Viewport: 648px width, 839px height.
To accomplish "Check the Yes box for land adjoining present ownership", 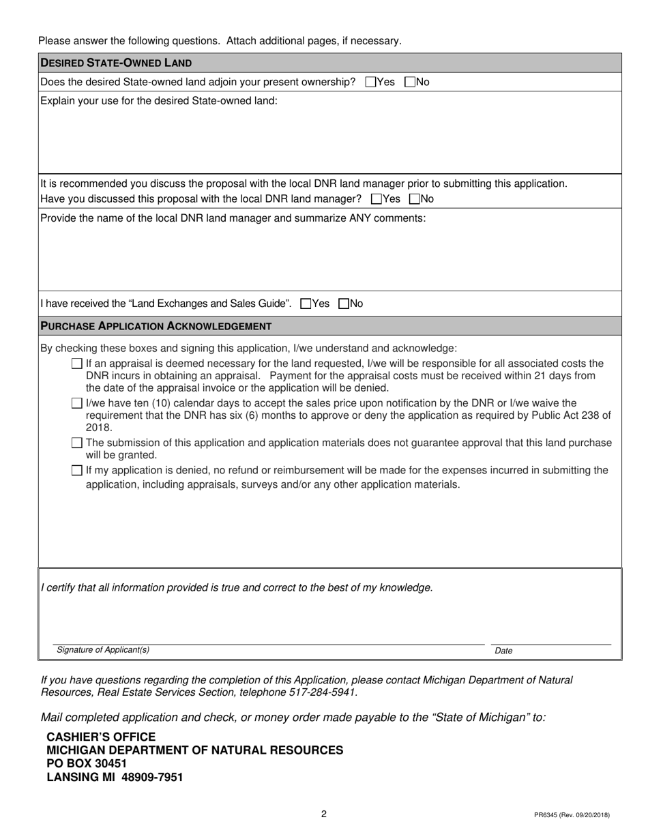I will [x=370, y=83].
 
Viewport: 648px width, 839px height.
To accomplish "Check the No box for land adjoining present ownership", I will [x=409, y=83].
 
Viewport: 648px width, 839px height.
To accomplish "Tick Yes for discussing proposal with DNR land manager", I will [x=376, y=200].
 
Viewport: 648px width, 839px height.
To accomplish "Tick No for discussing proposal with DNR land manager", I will [x=414, y=200].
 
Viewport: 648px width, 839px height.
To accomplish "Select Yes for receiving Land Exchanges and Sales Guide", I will [x=306, y=304].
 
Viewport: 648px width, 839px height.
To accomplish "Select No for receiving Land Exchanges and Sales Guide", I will [x=344, y=304].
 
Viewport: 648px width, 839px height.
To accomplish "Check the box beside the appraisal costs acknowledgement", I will [x=77, y=364].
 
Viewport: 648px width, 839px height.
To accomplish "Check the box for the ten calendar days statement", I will [x=77, y=404].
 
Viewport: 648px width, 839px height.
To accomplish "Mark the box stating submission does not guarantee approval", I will [x=77, y=443].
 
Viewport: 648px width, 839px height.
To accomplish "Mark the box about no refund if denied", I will [x=77, y=471].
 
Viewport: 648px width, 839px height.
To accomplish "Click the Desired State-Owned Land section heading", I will [x=116, y=63].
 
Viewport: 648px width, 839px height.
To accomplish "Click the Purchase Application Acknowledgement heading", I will [x=156, y=327].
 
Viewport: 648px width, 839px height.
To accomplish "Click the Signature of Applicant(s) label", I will [x=103, y=650].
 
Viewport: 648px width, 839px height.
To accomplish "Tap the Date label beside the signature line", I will [x=503, y=651].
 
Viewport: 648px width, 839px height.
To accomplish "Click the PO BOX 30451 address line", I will [x=87, y=763].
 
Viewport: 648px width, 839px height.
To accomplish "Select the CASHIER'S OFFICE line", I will [x=101, y=737].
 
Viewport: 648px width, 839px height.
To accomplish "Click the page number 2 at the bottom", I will [x=324, y=814].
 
